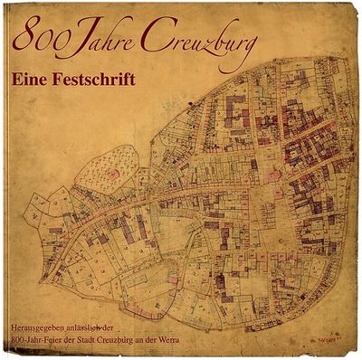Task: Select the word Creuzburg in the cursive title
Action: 197,42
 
